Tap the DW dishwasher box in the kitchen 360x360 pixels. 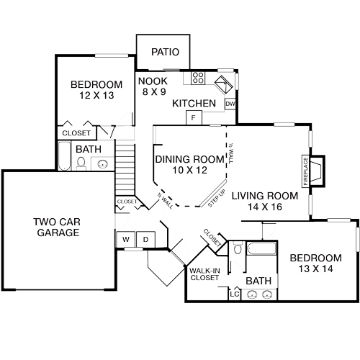pyautogui.click(x=230, y=104)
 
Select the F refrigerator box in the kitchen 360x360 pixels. pyautogui.click(x=194, y=117)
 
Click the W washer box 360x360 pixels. pyautogui.click(x=125, y=239)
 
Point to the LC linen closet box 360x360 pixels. pyautogui.click(x=234, y=294)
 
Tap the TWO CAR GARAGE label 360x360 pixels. pyautogui.click(x=55, y=227)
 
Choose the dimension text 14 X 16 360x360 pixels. pyautogui.click(x=264, y=207)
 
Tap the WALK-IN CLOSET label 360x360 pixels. pyautogui.click(x=204, y=274)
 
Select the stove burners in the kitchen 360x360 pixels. pyautogui.click(x=199, y=77)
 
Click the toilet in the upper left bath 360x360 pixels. pyautogui.click(x=81, y=163)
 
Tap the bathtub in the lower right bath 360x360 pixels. pyautogui.click(x=261, y=251)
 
